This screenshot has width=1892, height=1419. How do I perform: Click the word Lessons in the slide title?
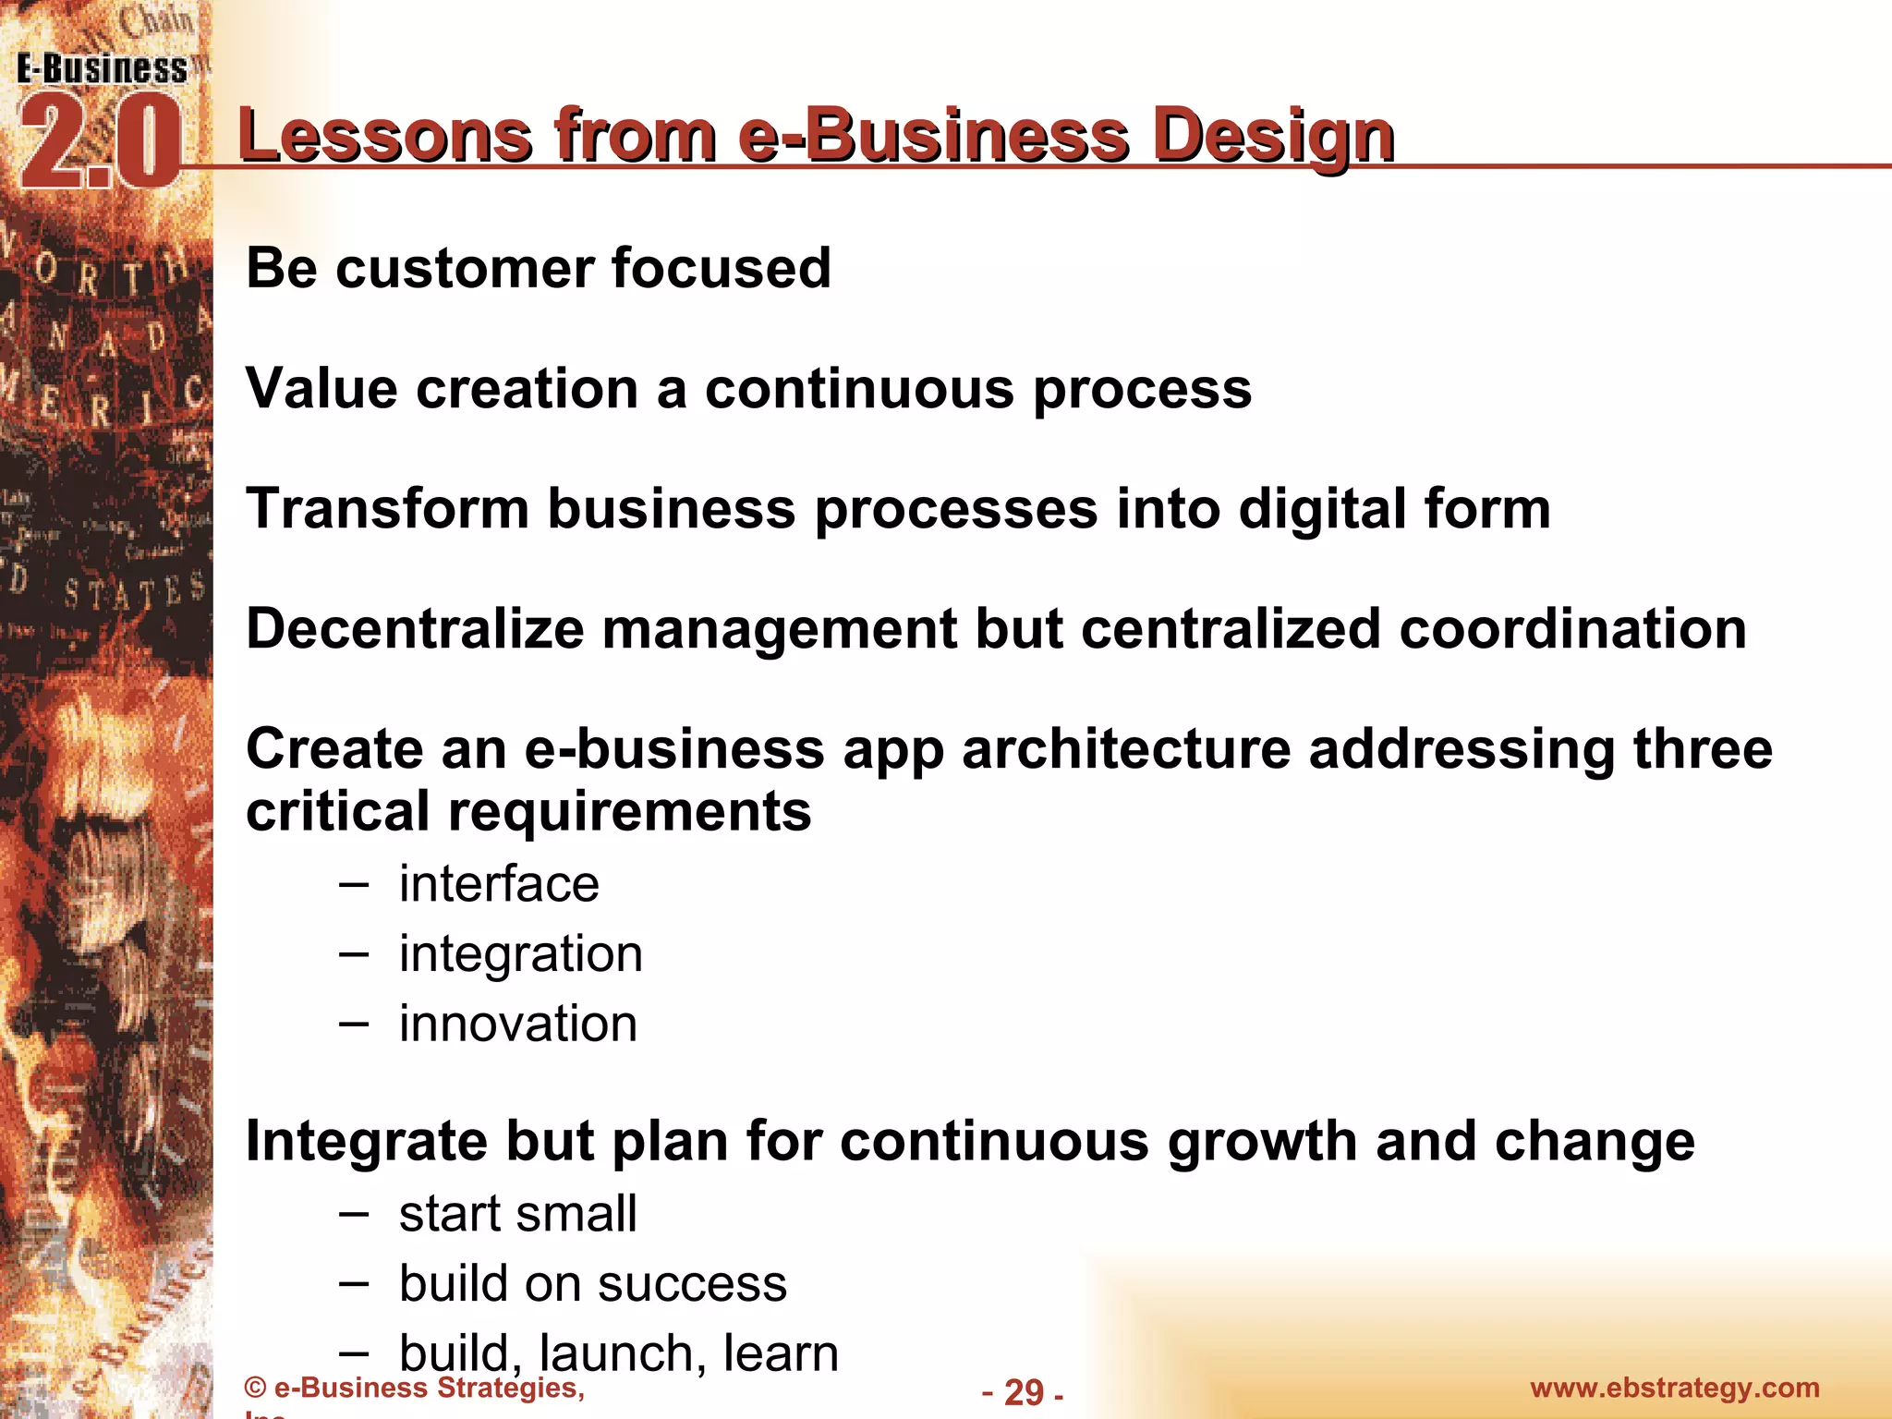384,136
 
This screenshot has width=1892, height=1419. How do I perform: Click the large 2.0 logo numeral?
99,144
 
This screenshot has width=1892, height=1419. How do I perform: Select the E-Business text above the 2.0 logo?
102,69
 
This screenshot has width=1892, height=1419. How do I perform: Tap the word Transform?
387,509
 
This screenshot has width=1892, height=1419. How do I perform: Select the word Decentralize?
415,629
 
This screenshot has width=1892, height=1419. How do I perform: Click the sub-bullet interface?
499,884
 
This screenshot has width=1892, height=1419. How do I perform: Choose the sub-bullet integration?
520,953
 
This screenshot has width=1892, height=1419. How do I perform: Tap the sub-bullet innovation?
517,1024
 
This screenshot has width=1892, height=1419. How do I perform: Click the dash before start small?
354,1213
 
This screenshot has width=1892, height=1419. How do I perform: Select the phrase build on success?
592,1283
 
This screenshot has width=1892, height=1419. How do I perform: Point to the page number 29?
1023,1392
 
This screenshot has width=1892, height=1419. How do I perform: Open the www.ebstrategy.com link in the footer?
1674,1388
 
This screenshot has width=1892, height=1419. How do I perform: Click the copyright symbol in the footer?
256,1388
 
